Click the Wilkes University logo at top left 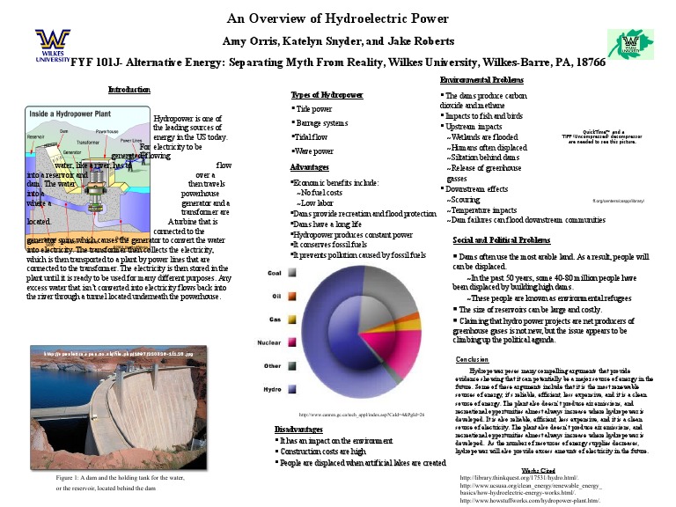[52, 45]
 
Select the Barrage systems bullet [321, 123]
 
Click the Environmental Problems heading [481, 80]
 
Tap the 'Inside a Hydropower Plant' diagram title [79, 114]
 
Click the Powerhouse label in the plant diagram [107, 131]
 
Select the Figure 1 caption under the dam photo [120, 482]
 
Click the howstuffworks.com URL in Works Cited [531, 500]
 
